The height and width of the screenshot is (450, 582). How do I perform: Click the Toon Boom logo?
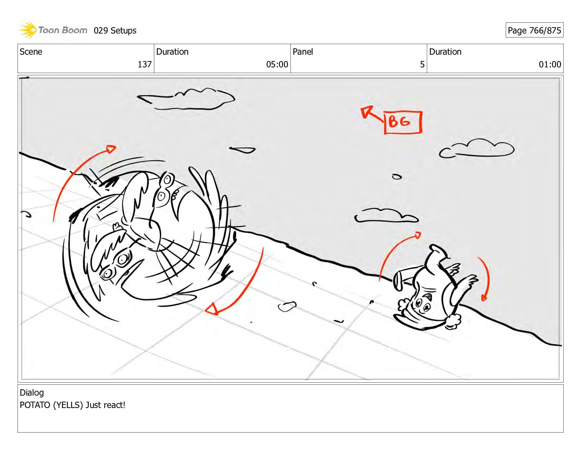point(53,30)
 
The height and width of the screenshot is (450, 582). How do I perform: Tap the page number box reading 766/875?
point(534,30)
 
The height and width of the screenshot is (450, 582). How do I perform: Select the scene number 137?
point(145,64)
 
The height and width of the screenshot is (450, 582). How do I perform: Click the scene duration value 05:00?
point(277,64)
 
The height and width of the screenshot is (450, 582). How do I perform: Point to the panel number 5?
point(422,64)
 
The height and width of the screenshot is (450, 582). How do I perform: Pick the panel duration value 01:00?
point(550,64)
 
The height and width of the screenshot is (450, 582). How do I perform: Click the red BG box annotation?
point(403,122)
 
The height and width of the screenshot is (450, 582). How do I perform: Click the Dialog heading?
point(32,392)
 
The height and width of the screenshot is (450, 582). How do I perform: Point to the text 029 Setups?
point(115,31)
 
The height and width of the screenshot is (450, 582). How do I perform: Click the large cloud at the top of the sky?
point(186,99)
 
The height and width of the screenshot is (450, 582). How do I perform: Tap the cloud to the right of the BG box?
point(477,148)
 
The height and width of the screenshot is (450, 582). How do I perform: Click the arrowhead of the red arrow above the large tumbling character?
point(111,149)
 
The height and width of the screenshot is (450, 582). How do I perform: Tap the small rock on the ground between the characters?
point(287,306)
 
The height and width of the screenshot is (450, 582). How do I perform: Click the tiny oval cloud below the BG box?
point(397,176)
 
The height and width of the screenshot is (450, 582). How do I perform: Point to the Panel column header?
point(303,52)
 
